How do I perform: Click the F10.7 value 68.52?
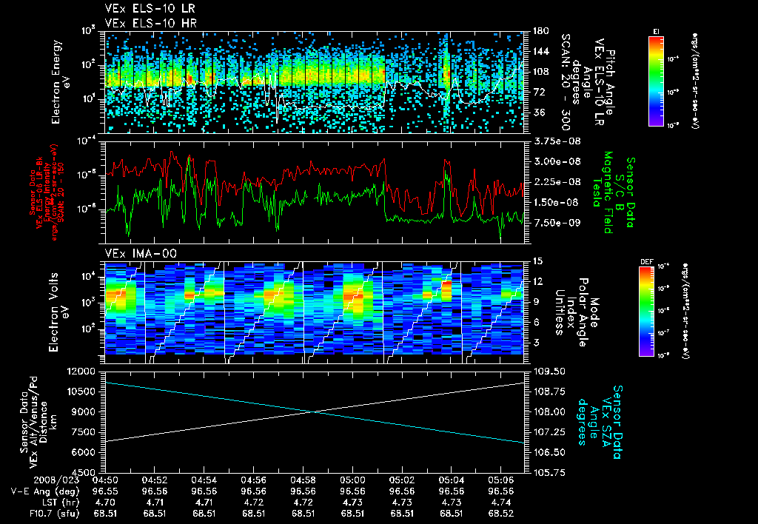click(x=509, y=512)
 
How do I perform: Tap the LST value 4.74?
click(x=509, y=501)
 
